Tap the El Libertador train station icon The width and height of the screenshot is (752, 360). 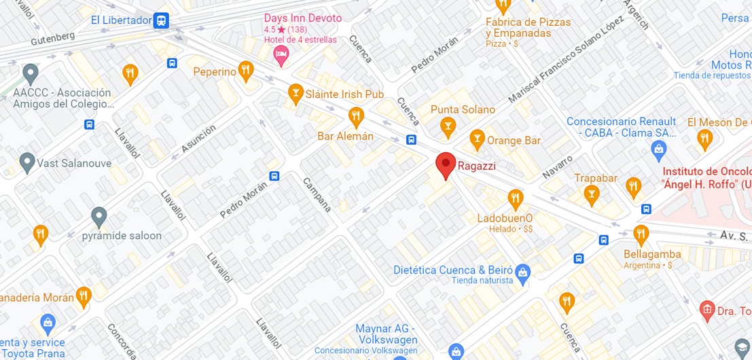[x=161, y=20]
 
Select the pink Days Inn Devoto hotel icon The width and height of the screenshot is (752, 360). [x=281, y=54]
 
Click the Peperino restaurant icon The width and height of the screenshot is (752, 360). [x=246, y=70]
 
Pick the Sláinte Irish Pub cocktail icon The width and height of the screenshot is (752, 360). [x=295, y=93]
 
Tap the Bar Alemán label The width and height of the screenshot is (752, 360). [x=345, y=137]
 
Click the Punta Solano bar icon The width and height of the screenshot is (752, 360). [x=447, y=126]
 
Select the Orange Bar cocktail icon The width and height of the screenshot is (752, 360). [x=477, y=140]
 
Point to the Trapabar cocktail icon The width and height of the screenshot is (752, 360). [x=591, y=195]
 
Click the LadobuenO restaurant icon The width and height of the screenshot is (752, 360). [x=515, y=198]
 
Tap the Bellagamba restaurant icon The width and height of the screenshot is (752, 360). [x=641, y=235]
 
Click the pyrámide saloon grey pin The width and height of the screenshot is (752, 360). [x=99, y=217]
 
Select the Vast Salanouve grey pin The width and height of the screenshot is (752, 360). [x=27, y=162]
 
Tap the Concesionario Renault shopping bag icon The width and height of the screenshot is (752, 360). [x=658, y=148]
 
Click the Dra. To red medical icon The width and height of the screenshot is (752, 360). [x=706, y=310]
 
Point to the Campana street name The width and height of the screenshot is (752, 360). [x=317, y=195]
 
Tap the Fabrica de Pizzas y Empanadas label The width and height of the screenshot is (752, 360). [x=528, y=27]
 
